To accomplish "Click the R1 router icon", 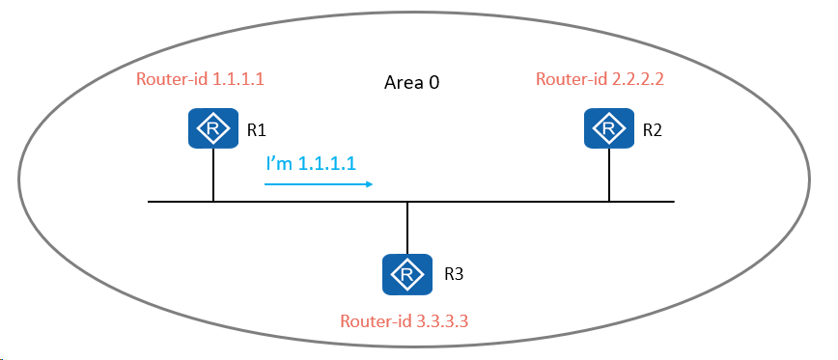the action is pos(212,128).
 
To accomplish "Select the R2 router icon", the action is pos(609,128).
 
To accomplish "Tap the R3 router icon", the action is pos(407,274).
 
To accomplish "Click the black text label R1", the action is pos(257,130).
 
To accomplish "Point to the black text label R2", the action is pos(652,130).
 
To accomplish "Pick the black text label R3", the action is pos(455,274).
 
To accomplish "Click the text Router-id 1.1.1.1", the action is pos(201,79).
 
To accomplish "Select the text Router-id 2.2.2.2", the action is pos(600,79).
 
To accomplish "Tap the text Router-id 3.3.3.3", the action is pos(405,321).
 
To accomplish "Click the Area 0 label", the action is pos(412,83).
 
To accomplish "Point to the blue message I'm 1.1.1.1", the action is pos(311,164).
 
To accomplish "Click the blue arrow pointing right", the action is pos(319,184).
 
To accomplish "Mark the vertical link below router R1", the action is pos(213,175).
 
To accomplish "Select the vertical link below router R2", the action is pos(609,175).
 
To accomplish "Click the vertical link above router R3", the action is pos(407,228).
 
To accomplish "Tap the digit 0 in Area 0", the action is pos(434,83).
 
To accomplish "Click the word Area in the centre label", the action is pos(404,83).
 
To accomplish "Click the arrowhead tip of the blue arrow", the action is pos(373,184).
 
